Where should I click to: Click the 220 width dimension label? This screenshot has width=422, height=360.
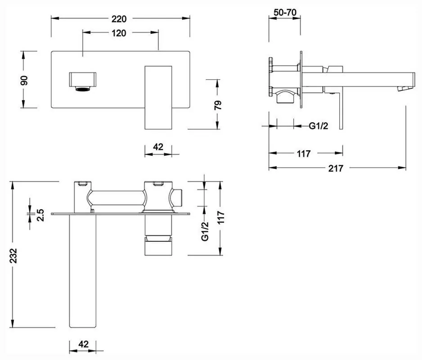tap(119, 19)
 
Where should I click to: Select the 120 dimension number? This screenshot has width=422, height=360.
tap(119, 33)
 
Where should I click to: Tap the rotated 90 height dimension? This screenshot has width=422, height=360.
tap(24, 80)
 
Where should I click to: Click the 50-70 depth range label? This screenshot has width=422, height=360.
tap(285, 12)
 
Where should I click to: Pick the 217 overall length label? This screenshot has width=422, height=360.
tap(336, 168)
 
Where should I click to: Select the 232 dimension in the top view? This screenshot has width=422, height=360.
tap(13, 256)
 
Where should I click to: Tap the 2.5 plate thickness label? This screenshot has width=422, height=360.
tap(40, 215)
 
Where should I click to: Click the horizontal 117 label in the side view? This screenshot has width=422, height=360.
tap(304, 154)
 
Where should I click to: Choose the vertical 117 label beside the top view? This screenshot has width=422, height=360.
tap(220, 217)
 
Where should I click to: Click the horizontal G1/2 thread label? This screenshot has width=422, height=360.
tap(319, 126)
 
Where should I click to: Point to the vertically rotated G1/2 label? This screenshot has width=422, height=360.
tap(205, 231)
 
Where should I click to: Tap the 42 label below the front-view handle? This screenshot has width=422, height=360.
tap(158, 147)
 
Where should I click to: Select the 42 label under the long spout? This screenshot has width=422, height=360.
tap(83, 344)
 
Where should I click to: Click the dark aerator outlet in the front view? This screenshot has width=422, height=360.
tap(83, 89)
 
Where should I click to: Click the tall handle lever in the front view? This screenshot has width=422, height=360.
tap(158, 98)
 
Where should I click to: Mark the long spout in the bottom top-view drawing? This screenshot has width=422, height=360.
tap(83, 270)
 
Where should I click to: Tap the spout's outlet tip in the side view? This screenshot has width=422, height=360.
tap(404, 88)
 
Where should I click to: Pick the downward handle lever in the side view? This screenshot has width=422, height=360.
tap(341, 111)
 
